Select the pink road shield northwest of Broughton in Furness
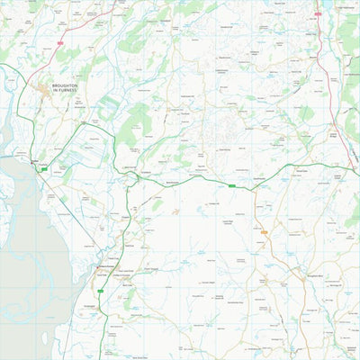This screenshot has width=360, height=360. coord(60,42)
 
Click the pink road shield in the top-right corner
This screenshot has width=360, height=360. coord(319,15)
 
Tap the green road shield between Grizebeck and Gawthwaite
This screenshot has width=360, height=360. coord(231,185)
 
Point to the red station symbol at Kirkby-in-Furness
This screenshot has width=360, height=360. coord(98,266)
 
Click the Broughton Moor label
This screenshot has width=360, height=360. coord(313,276)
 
